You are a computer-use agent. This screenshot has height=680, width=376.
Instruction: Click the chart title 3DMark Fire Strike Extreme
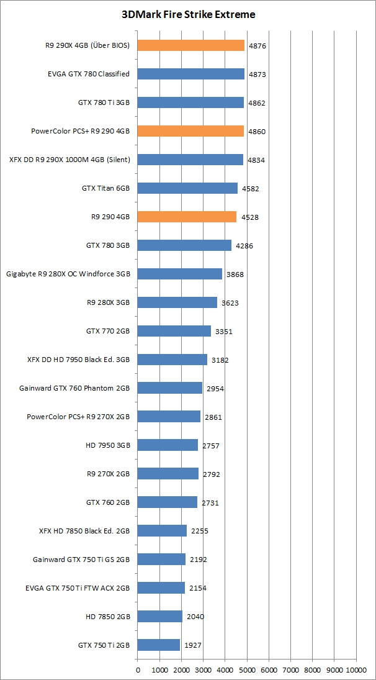pyautogui.click(x=187, y=14)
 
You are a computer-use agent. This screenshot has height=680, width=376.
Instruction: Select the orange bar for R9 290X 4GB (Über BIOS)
pyautogui.click(x=190, y=45)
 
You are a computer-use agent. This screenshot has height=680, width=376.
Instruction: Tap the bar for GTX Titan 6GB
pyautogui.click(x=187, y=188)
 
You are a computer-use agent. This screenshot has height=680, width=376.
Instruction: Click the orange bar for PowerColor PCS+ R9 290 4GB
pyautogui.click(x=190, y=131)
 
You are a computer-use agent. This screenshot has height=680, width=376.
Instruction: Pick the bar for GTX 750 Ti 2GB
pyautogui.click(x=158, y=645)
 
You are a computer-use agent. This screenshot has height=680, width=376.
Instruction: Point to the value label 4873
pyautogui.click(x=257, y=75)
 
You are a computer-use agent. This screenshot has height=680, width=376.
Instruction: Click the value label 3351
pyautogui.click(x=223, y=332)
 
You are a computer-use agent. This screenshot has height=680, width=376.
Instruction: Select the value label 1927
pyautogui.click(x=192, y=645)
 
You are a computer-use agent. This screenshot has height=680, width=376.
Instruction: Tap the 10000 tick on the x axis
pyautogui.click(x=356, y=670)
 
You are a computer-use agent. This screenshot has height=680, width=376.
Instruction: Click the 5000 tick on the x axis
pyautogui.click(x=247, y=670)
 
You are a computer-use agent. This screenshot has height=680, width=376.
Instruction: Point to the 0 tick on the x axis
pyautogui.click(x=138, y=670)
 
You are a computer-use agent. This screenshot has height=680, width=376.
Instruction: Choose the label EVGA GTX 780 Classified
pyautogui.click(x=89, y=74)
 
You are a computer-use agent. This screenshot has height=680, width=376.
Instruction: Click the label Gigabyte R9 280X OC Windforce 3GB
pyautogui.click(x=68, y=274)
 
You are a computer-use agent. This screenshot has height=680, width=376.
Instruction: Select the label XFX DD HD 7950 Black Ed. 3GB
pyautogui.click(x=78, y=360)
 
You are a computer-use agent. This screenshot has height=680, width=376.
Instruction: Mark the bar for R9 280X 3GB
pyautogui.click(x=177, y=302)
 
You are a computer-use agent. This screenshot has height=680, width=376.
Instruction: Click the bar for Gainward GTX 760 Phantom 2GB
pyautogui.click(x=169, y=388)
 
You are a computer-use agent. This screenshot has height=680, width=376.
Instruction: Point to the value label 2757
pyautogui.click(x=210, y=446)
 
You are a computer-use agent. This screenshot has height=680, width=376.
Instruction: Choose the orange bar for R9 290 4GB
pyautogui.click(x=187, y=217)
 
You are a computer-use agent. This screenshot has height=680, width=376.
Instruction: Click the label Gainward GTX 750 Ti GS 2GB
pyautogui.click(x=81, y=560)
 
